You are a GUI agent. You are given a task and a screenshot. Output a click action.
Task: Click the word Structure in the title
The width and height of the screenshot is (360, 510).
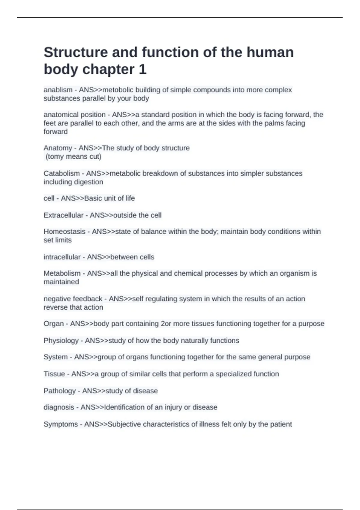coord(76,52)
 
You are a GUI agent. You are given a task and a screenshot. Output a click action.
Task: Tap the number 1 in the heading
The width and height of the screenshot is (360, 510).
coord(142,70)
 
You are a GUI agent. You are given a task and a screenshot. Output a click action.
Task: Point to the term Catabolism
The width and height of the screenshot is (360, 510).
coord(61,173)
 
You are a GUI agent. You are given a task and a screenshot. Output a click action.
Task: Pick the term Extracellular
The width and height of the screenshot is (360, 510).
coord(63,215)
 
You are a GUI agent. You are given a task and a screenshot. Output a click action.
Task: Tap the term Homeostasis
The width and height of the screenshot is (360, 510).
coord(64,232)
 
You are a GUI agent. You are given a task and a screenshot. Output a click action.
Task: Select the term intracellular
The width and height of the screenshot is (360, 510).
coord(62,257)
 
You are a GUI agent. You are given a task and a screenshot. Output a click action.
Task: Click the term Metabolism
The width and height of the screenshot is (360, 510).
coord(62,273)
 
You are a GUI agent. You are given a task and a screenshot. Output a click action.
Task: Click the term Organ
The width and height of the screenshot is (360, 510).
coord(54,324)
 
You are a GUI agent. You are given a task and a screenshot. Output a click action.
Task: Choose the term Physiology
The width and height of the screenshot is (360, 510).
coord(61,340)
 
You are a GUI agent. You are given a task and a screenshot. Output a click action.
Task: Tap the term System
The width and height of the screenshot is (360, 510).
coord(55,357)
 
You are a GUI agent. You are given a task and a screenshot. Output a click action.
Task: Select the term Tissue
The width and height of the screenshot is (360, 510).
coord(54,374)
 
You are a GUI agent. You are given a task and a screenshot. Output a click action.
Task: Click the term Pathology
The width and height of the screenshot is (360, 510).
coord(60,391)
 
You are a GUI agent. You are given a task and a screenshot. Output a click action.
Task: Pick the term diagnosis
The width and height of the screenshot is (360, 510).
coord(59,407)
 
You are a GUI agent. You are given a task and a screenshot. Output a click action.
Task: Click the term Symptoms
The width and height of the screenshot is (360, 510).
coord(61,424)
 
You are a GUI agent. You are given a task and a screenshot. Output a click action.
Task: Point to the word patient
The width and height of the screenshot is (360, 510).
coord(281,424)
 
